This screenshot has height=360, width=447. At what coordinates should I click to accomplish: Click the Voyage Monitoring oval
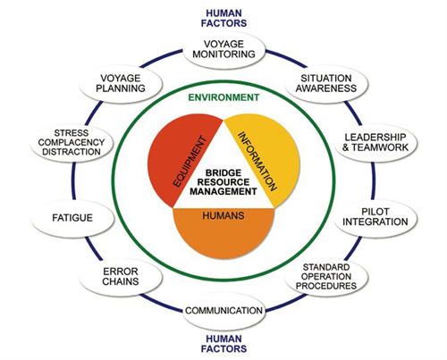(223, 50)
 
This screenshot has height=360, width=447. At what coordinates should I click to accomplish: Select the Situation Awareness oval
(326, 84)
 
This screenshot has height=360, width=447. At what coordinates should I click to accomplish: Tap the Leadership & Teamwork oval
(375, 143)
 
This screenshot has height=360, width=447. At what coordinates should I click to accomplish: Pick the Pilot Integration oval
(375, 217)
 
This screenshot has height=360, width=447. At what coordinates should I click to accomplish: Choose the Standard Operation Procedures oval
(326, 277)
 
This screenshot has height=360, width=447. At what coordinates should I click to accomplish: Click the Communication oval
(223, 311)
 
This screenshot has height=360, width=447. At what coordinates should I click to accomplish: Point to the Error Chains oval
(121, 277)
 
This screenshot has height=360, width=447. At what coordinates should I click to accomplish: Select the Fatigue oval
(72, 218)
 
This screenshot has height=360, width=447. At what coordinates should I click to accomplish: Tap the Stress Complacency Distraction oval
(72, 143)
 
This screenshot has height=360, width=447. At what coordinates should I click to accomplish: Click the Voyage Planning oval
(121, 84)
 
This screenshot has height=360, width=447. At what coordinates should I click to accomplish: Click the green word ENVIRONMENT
(223, 97)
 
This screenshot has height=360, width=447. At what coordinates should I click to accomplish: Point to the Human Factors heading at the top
(223, 19)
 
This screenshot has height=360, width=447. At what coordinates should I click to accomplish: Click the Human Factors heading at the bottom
(223, 344)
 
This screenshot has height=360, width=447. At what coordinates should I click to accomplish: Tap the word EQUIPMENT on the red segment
(190, 162)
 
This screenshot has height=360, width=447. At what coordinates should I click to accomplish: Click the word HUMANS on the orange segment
(223, 215)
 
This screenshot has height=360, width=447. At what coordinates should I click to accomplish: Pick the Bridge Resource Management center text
(223, 182)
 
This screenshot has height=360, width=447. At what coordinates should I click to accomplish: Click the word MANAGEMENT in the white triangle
(223, 191)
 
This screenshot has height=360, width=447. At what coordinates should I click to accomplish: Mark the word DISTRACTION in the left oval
(72, 152)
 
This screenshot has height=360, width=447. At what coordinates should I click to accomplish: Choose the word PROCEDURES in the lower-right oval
(326, 286)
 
